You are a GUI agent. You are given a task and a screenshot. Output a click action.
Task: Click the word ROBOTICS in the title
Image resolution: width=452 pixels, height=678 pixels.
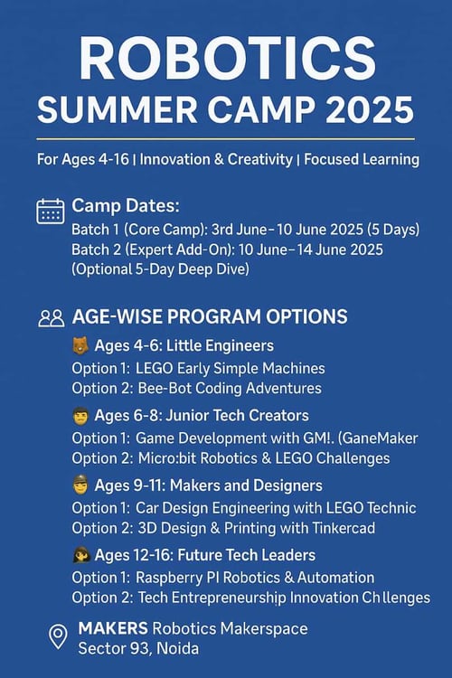pyautogui.click(x=226, y=59)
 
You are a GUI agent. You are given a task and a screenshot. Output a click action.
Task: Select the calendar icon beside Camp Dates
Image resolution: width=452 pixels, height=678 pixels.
pyautogui.click(x=50, y=211)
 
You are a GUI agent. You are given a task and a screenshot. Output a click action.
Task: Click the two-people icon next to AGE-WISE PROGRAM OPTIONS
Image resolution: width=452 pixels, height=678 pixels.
pyautogui.click(x=51, y=318)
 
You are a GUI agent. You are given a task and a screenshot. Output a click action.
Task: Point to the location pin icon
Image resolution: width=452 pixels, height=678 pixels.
pyautogui.click(x=58, y=636)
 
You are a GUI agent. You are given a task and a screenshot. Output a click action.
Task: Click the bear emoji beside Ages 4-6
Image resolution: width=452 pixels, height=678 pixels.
pyautogui.click(x=80, y=346)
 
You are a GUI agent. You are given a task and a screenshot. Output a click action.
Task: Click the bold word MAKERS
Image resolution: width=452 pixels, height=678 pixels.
pyautogui.click(x=112, y=628)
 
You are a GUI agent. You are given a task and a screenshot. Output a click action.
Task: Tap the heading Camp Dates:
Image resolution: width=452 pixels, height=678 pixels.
pyautogui.click(x=113, y=206)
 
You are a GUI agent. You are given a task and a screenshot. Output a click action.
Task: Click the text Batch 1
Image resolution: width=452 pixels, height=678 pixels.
pyautogui.click(x=96, y=230)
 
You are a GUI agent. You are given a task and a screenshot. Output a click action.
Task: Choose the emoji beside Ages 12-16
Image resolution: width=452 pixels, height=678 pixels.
pyautogui.click(x=80, y=555)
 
